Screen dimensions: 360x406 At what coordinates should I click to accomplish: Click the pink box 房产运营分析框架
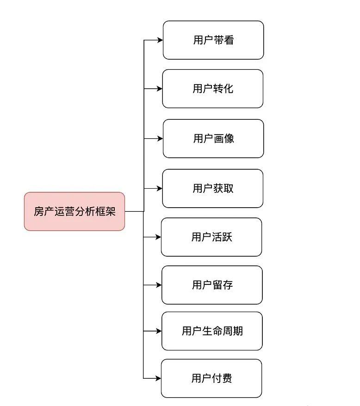tap(74, 211)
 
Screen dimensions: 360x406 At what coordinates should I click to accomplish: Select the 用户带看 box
tap(213, 40)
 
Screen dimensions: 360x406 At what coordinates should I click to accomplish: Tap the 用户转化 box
tap(213, 89)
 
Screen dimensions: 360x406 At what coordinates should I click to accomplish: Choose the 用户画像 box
tap(213, 139)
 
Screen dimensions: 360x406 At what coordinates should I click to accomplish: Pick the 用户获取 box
tap(213, 189)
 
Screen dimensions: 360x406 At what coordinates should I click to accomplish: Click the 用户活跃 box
tap(211, 237)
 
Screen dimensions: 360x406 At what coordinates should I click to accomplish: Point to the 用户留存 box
tap(212, 285)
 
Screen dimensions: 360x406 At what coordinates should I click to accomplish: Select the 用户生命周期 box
tap(212, 331)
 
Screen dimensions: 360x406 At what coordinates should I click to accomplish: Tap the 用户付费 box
tap(211, 378)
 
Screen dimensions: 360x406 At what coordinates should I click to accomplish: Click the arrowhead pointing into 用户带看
tap(160, 40)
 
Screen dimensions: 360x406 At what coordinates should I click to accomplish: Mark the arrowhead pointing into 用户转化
tap(159, 89)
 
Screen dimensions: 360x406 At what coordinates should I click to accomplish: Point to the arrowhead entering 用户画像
tap(160, 139)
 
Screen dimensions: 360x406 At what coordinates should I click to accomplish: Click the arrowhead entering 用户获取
tap(159, 189)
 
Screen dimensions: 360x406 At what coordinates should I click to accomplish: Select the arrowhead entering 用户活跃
tap(158, 237)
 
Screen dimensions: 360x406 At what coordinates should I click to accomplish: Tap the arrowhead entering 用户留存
tap(159, 285)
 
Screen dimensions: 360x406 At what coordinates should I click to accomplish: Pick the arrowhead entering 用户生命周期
tap(159, 331)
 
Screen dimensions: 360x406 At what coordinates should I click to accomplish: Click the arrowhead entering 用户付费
tap(158, 378)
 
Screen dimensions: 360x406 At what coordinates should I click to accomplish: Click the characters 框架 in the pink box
tap(105, 211)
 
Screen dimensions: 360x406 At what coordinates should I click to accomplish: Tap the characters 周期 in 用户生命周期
tap(232, 331)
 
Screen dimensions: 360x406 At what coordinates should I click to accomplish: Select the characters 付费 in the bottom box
tap(222, 378)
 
